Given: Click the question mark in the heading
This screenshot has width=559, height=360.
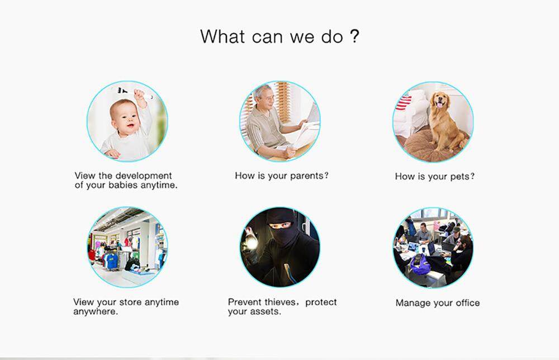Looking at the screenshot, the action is pyautogui.click(x=354, y=36).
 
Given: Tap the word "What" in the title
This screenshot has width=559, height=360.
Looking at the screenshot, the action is pyautogui.click(x=222, y=36).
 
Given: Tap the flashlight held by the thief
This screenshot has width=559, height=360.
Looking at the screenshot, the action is pyautogui.click(x=251, y=243).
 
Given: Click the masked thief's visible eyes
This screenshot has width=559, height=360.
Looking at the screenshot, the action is pyautogui.click(x=280, y=226).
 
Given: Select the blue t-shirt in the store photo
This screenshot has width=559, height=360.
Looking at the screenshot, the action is pyautogui.click(x=112, y=262).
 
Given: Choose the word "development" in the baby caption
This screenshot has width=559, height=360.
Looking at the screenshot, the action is pyautogui.click(x=144, y=176).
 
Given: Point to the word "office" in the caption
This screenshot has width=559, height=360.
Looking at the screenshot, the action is pyautogui.click(x=468, y=303).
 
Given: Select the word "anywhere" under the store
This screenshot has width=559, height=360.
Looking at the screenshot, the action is pyautogui.click(x=94, y=312).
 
